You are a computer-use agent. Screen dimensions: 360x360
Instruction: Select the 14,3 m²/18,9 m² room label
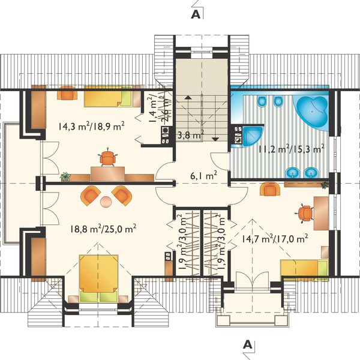tap(91, 126)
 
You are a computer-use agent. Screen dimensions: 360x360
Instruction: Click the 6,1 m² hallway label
tap(204, 176)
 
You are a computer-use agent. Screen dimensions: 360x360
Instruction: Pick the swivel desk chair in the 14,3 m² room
tap(107, 158)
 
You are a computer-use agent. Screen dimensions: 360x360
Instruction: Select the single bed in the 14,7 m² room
tap(304, 269)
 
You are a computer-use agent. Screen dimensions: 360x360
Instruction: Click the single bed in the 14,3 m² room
tap(108, 96)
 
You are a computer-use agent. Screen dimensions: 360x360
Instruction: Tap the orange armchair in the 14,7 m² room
tap(270, 189)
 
